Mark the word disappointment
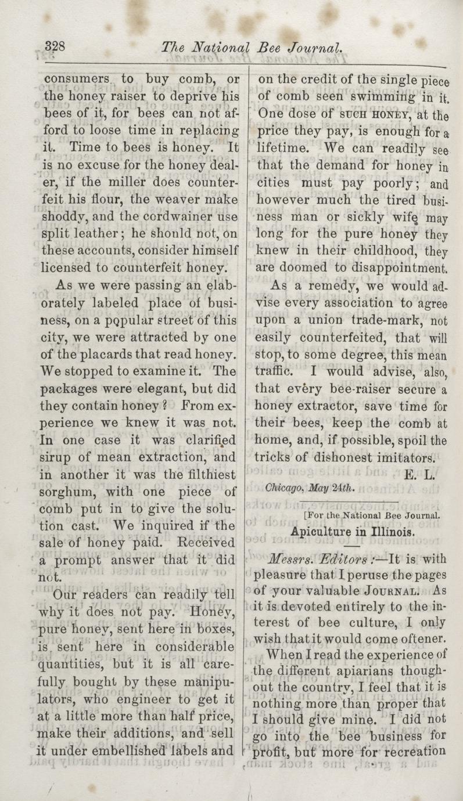[394, 269]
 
